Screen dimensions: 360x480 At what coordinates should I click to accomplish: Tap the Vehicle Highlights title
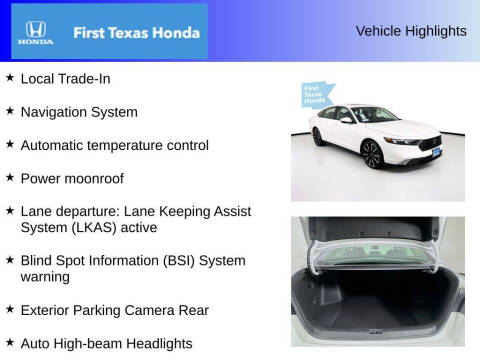411,31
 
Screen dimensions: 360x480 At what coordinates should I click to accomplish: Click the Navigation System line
79,112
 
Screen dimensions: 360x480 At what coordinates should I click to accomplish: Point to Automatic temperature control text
114,145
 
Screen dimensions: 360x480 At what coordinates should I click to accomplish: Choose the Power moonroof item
72,178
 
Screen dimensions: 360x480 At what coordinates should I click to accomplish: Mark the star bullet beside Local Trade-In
9,77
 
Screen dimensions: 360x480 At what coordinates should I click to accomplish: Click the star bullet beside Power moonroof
9,177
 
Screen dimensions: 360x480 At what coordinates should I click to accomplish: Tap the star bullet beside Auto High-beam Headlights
9,342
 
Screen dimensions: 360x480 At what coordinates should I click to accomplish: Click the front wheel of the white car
371,154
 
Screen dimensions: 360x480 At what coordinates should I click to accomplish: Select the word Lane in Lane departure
36,211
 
